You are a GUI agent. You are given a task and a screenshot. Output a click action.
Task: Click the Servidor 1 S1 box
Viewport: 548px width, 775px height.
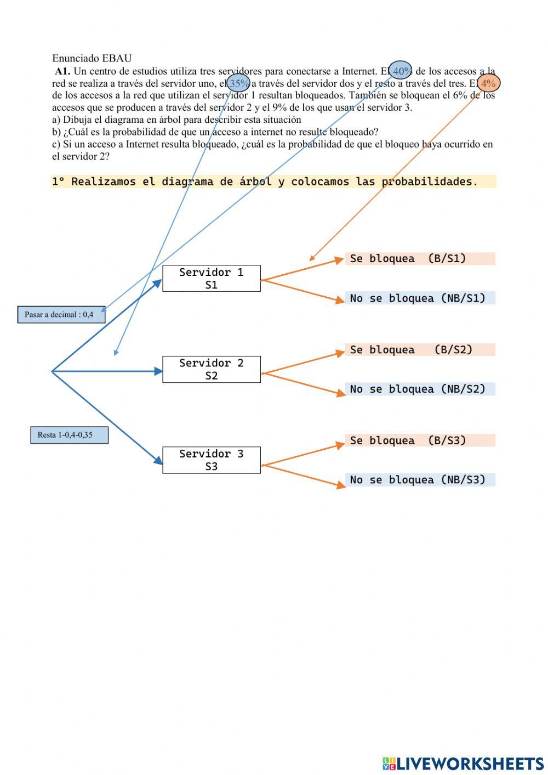tap(212, 279)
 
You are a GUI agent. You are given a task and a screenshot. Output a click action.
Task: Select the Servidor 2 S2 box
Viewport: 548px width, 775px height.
tap(212, 369)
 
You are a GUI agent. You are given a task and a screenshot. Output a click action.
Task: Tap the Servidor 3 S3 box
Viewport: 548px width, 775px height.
tap(212, 460)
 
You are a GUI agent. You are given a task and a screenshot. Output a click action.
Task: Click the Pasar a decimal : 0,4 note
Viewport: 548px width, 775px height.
tap(61, 315)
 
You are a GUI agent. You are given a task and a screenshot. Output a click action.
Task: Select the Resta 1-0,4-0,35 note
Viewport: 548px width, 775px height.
tap(69, 435)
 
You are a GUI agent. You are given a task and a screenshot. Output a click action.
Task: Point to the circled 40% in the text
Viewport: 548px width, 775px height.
tap(401, 71)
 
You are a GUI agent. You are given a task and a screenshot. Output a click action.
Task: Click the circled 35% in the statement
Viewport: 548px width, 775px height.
tap(238, 83)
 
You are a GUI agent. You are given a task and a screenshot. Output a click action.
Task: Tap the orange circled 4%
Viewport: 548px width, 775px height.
tap(488, 83)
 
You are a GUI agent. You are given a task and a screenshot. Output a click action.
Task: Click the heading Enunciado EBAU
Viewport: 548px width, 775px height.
tap(92, 58)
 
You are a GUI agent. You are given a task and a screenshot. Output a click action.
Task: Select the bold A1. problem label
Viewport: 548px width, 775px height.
tap(62, 71)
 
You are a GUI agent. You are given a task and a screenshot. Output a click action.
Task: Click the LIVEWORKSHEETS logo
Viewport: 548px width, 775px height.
tap(463, 763)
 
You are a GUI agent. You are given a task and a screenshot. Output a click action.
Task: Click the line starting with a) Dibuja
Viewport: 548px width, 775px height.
tap(176, 120)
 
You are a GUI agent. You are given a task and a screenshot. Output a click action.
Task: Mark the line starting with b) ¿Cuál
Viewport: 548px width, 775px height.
tap(215, 132)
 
